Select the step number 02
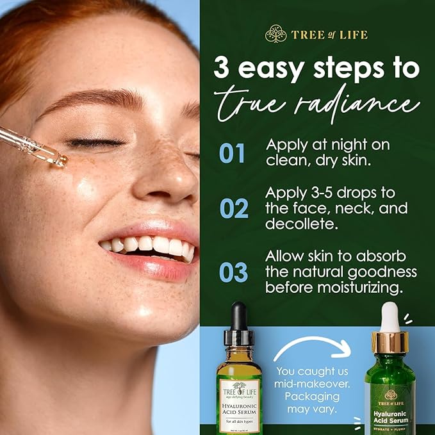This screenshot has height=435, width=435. [233, 208]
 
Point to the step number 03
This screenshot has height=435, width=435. [233, 272]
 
